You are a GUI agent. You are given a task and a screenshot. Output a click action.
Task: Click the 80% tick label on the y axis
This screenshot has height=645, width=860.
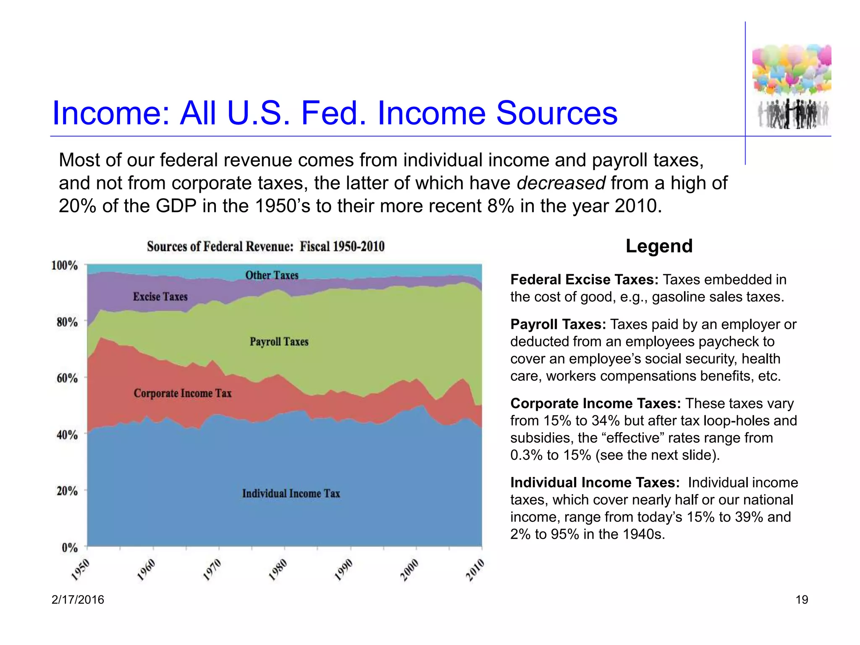click(67, 322)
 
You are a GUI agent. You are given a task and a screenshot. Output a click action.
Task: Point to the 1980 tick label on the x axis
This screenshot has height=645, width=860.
click(278, 569)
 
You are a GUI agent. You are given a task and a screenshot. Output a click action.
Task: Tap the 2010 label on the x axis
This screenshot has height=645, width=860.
click(475, 569)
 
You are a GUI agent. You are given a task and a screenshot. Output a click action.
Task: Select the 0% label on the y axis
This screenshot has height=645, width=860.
click(70, 548)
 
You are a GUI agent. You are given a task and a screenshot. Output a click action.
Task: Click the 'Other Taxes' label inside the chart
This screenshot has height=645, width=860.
click(272, 275)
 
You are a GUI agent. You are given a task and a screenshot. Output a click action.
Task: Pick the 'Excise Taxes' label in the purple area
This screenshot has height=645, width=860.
click(160, 297)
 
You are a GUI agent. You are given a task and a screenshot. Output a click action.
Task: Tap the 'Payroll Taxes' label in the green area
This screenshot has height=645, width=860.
click(279, 342)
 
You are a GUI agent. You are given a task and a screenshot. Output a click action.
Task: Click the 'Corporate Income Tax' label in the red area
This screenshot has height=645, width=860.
click(182, 393)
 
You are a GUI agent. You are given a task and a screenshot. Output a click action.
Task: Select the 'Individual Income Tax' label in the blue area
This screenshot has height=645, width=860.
click(291, 493)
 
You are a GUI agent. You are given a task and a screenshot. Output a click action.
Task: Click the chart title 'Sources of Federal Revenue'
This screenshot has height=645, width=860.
click(265, 246)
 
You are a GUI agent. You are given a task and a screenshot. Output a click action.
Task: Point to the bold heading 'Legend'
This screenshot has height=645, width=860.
click(659, 246)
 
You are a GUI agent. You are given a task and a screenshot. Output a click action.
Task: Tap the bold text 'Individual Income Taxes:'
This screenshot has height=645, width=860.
click(595, 483)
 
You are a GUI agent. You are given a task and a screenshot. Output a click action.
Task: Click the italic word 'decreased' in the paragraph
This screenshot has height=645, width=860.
click(561, 184)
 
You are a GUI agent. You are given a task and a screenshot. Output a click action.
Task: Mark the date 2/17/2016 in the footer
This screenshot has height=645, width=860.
click(78, 600)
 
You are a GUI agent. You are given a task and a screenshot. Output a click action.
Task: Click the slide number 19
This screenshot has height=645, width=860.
click(802, 600)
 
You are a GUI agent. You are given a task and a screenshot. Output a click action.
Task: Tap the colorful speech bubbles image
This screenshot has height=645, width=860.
click(792, 69)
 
